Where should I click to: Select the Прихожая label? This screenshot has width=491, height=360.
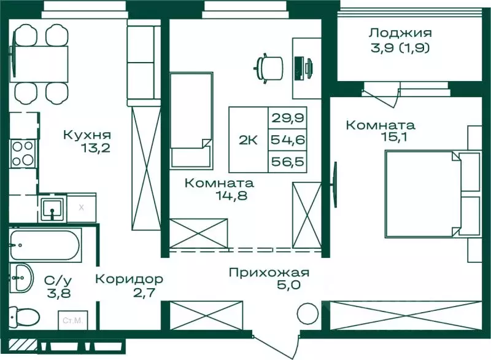click(269, 273)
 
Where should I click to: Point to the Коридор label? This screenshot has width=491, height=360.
click(129, 278)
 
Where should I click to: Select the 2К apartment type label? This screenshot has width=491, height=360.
click(248, 139)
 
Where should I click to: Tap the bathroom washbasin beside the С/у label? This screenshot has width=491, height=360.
click(23, 278)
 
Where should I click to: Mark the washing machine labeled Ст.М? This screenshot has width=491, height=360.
click(72, 320)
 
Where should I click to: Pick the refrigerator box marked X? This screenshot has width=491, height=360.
click(81, 208)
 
